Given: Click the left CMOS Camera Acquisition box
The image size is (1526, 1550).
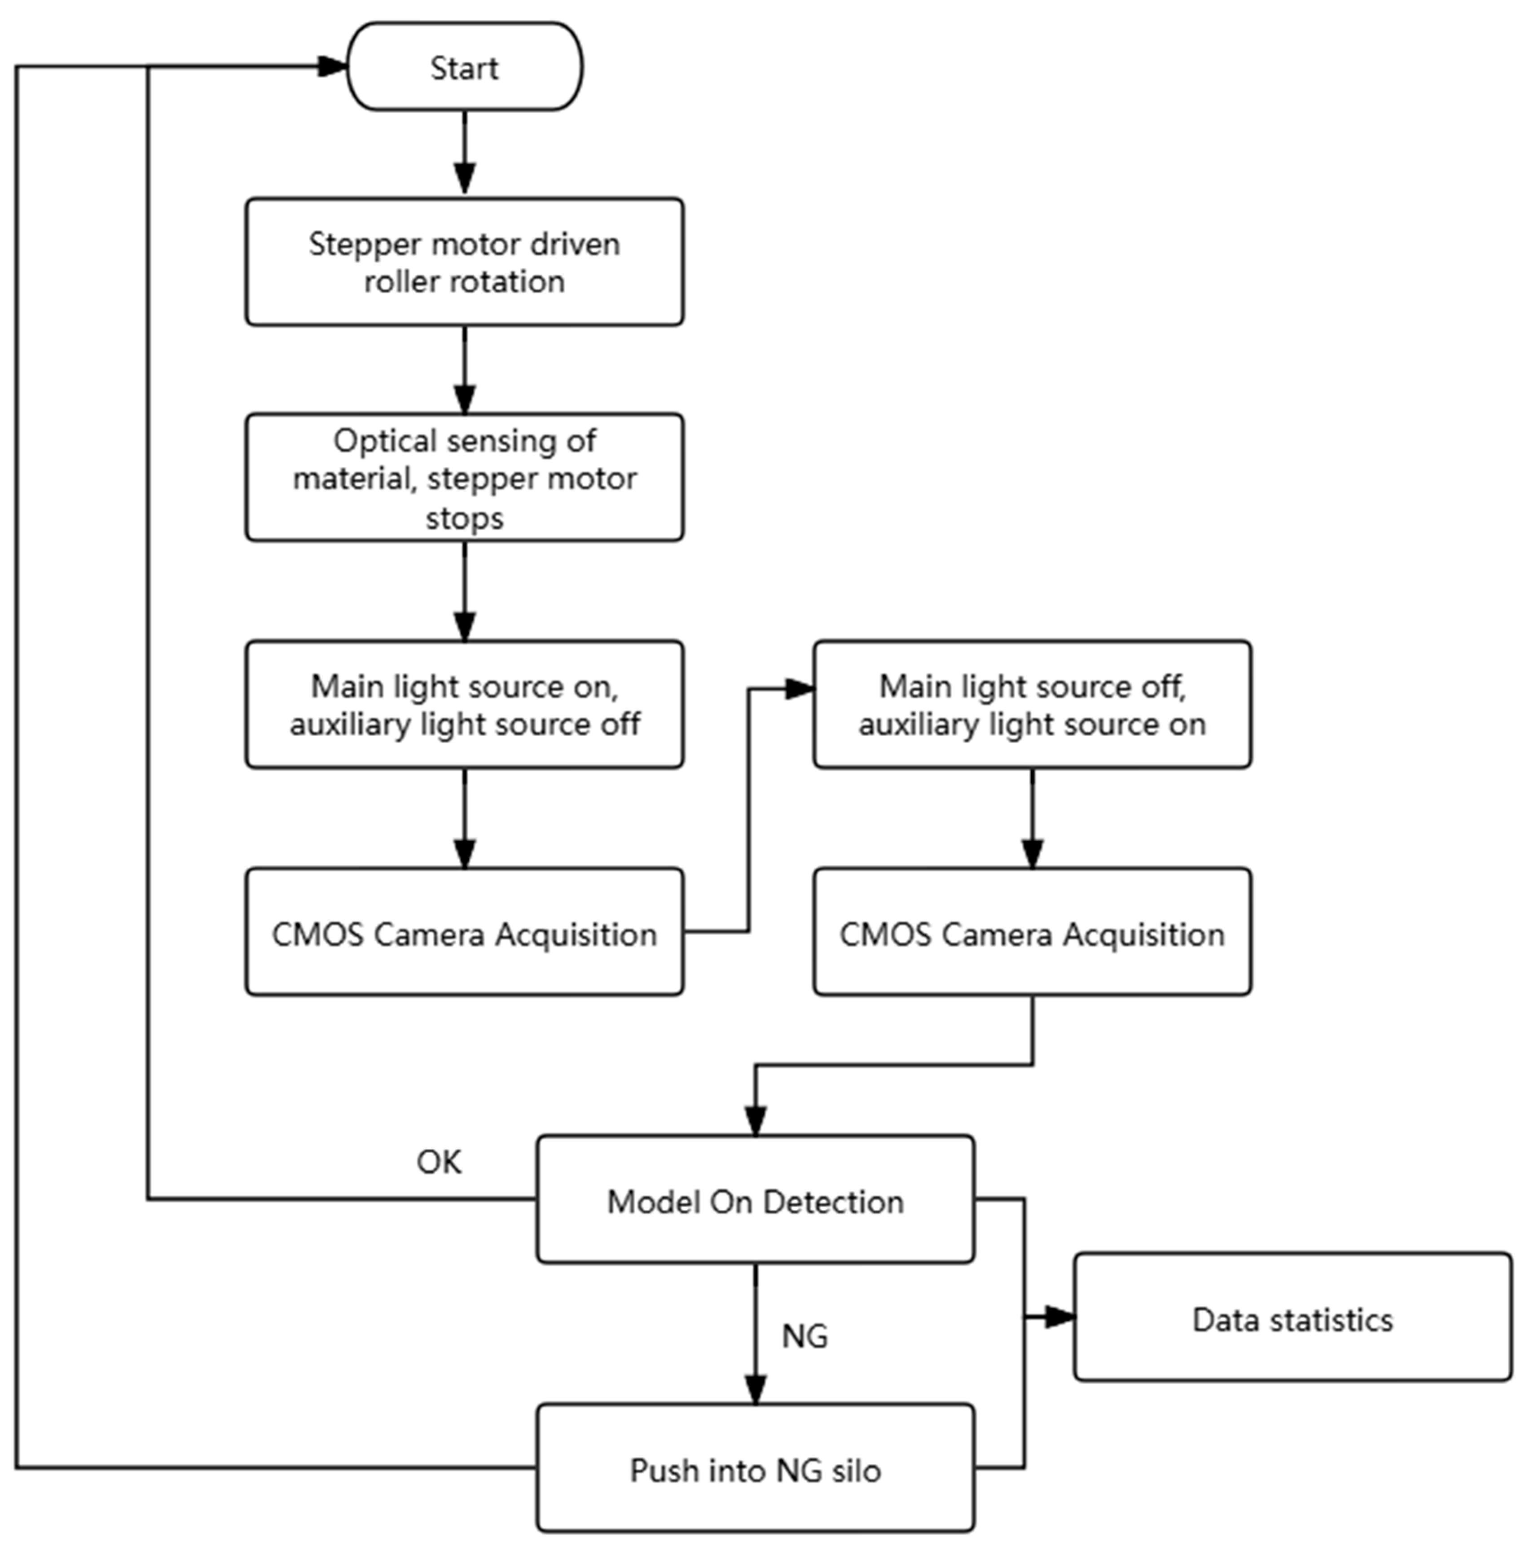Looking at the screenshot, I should pyautogui.click(x=464, y=932).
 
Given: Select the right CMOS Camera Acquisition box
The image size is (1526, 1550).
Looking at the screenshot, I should pyautogui.click(x=1032, y=932).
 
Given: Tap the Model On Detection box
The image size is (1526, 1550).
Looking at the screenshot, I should pyautogui.click(x=755, y=1200).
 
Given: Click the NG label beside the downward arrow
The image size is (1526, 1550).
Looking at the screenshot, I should pyautogui.click(x=805, y=1336).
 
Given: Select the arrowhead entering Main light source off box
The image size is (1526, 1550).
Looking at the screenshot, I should pyautogui.click(x=800, y=689).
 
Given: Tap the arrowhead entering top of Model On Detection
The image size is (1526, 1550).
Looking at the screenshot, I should pyautogui.click(x=755, y=1120).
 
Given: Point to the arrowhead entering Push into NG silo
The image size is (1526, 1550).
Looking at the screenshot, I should pyautogui.click(x=755, y=1389).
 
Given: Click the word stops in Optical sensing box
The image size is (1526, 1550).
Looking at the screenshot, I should pyautogui.click(x=464, y=518).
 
